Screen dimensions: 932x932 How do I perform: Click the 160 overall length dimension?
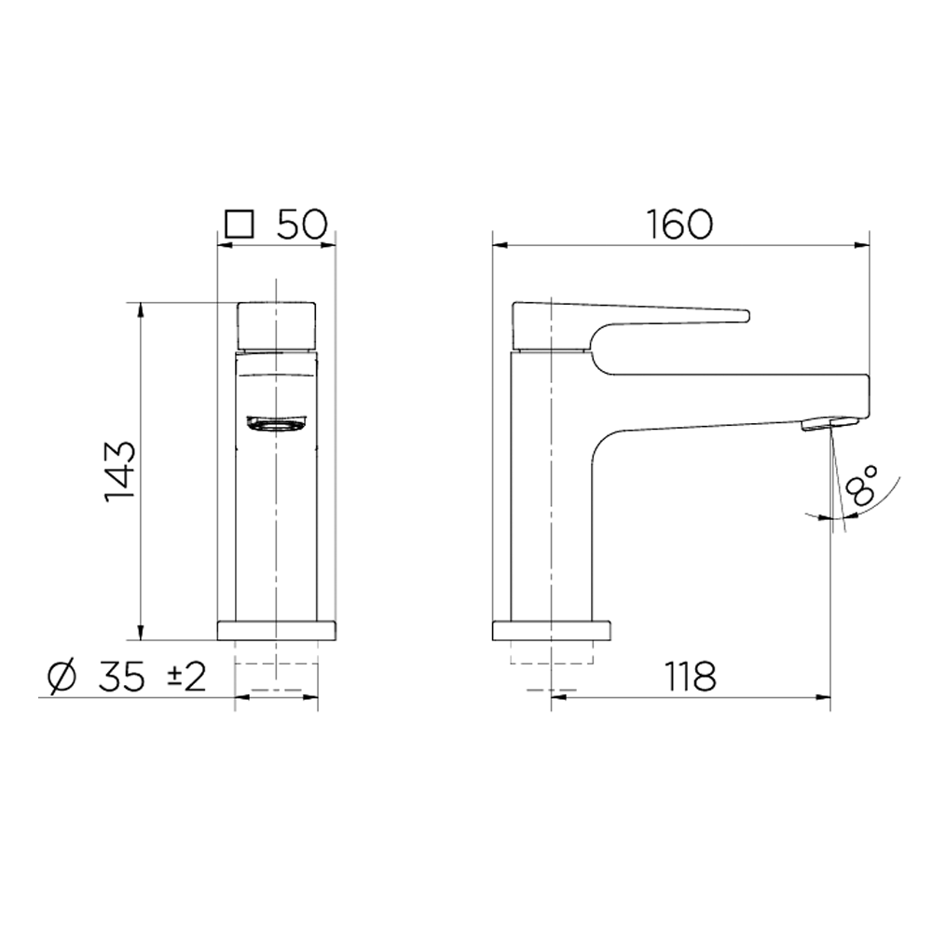(679, 224)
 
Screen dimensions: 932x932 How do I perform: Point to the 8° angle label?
(861, 486)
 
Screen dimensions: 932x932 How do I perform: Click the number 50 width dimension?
(303, 224)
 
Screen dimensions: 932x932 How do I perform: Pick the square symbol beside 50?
(240, 225)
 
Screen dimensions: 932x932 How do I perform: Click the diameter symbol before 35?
(62, 677)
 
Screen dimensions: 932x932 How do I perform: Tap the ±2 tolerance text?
(186, 677)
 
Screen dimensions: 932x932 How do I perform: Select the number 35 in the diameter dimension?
(121, 677)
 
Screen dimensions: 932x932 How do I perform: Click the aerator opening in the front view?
(277, 424)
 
